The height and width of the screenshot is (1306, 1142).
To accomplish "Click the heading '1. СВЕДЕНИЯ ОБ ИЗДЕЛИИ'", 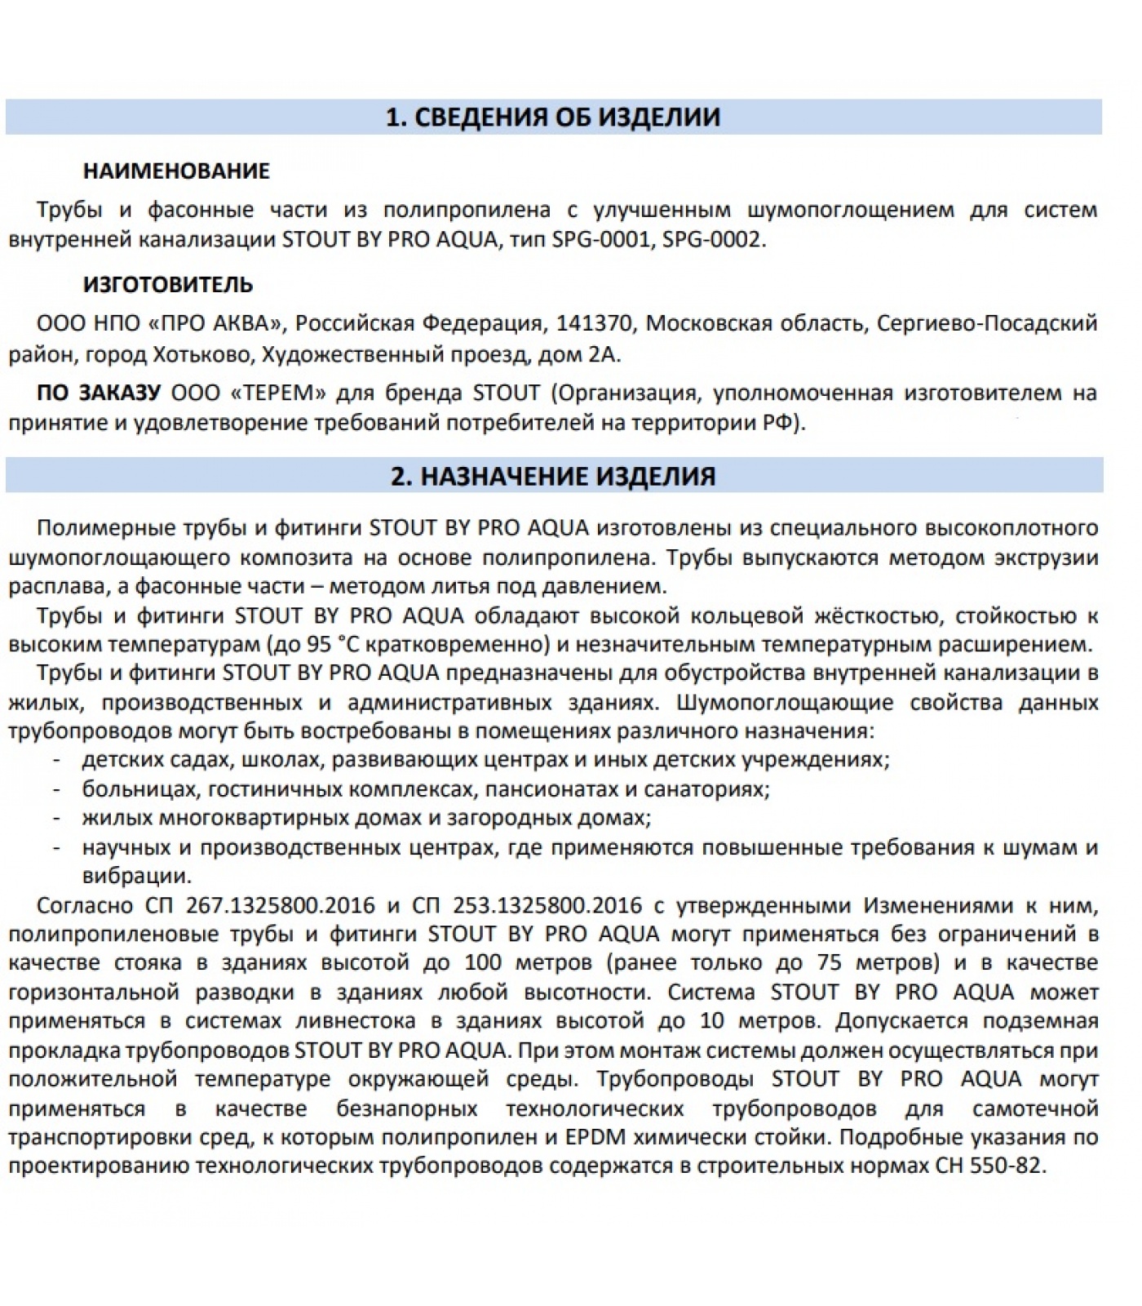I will click(553, 118).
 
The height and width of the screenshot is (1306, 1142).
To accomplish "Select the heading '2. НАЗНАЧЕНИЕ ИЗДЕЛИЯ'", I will click(553, 477).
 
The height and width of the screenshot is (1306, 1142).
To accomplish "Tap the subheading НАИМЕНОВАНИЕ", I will click(176, 171).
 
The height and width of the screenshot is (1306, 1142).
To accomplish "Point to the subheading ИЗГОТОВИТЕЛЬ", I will click(168, 285).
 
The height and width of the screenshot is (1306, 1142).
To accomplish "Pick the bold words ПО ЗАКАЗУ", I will click(99, 393).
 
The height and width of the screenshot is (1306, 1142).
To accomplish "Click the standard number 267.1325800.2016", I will click(280, 906).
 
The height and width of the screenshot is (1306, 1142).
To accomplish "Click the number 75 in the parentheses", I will click(829, 963).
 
